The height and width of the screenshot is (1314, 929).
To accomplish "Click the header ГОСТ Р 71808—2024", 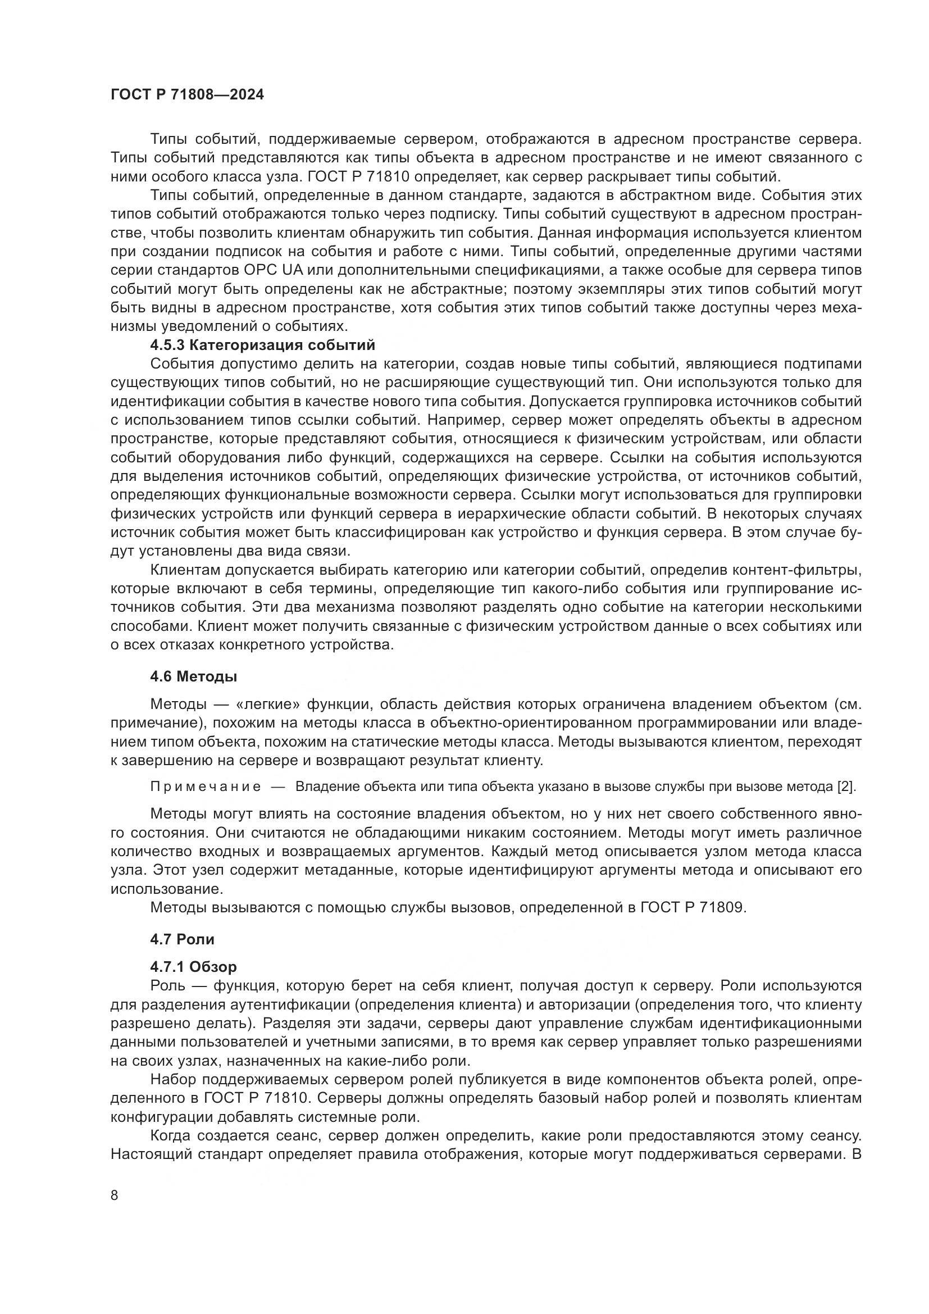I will (187, 95).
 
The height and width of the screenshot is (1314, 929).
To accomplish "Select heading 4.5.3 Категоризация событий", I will (262, 345).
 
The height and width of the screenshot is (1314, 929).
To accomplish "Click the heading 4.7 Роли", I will (182, 939).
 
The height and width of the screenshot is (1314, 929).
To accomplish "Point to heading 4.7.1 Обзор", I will (193, 967).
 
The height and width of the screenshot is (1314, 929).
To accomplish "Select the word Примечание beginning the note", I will (206, 786).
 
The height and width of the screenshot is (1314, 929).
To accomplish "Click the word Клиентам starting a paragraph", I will (184, 570).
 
